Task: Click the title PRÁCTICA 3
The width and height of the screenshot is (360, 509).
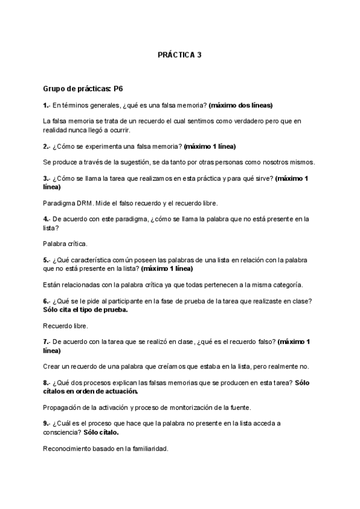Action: pos(179,55)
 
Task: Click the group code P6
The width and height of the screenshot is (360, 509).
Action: pos(118,88)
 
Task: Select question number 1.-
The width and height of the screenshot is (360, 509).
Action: pos(47,105)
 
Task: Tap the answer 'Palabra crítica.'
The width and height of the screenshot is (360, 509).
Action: pos(65,244)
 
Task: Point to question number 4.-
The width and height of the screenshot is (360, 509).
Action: pos(47,219)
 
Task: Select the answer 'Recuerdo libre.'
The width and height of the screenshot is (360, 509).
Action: pos(65,326)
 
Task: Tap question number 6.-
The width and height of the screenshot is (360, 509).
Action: pos(47,301)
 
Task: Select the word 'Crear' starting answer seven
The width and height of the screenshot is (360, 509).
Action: pos(52,367)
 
